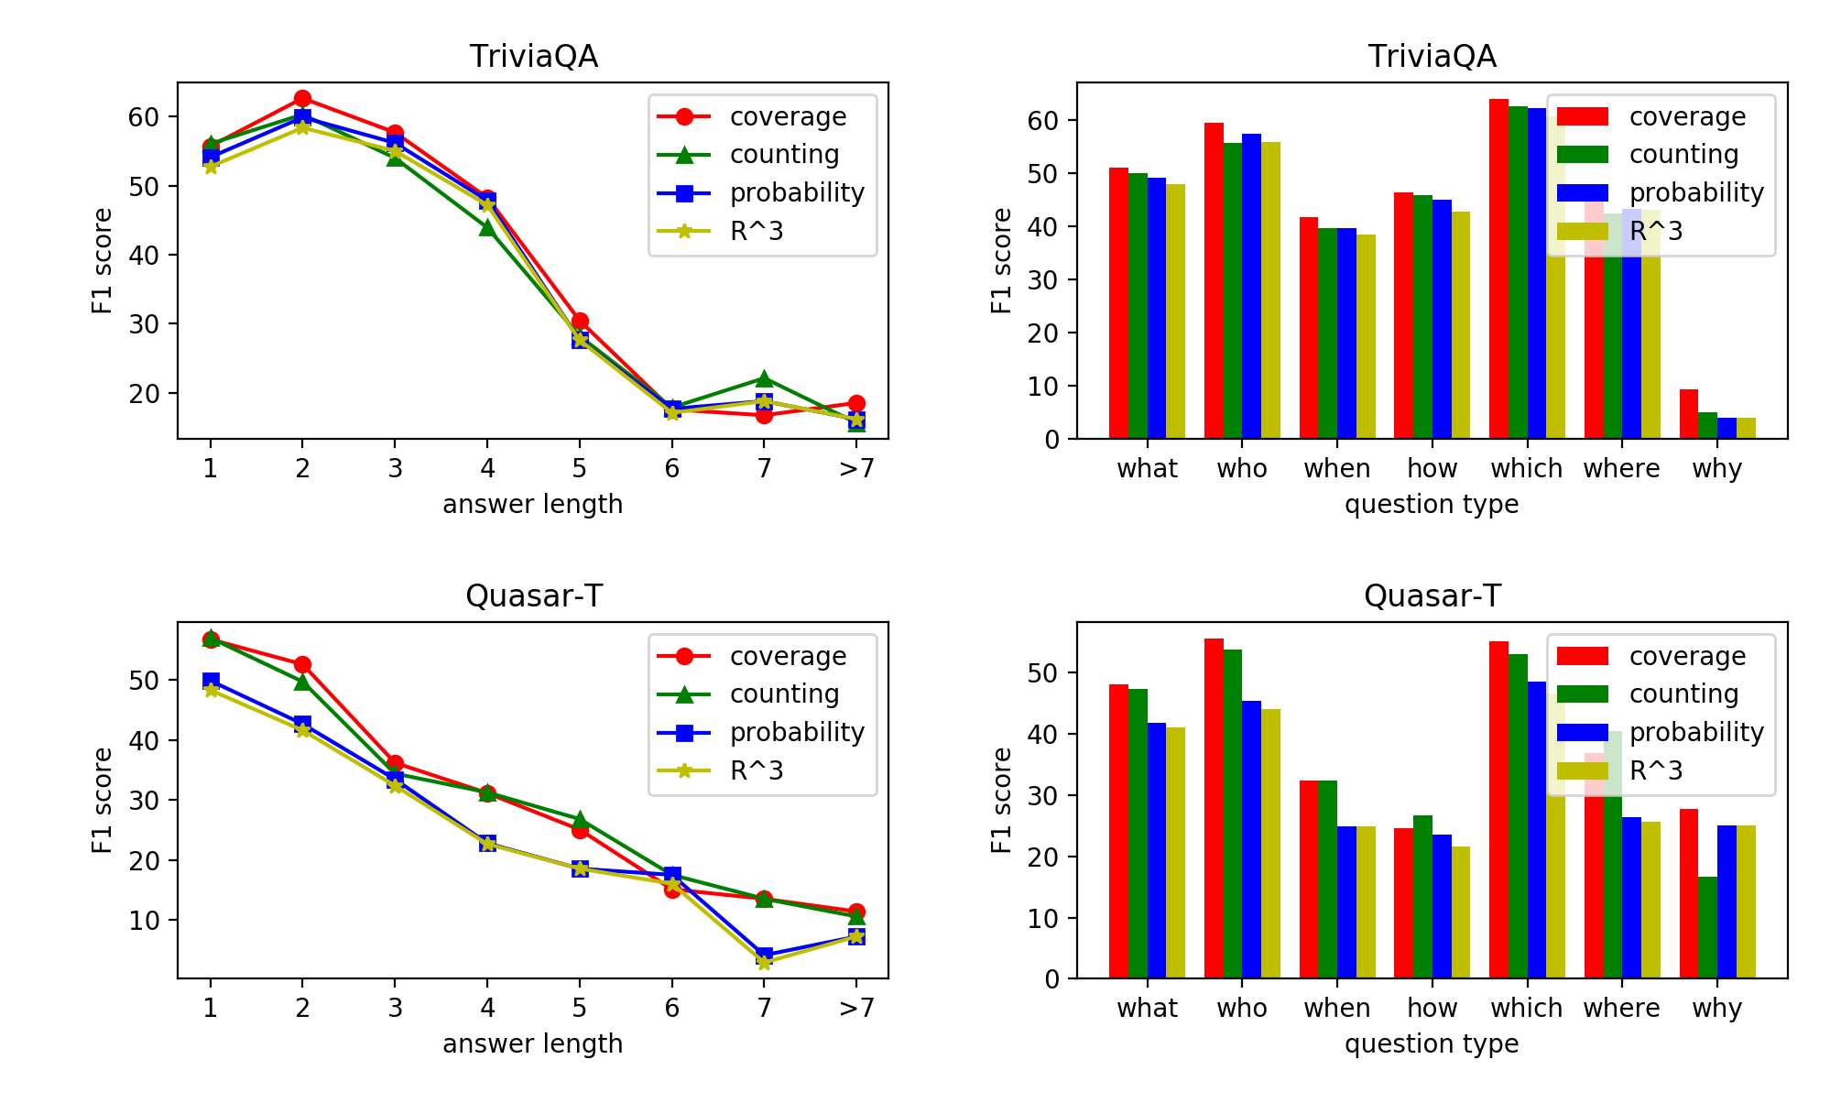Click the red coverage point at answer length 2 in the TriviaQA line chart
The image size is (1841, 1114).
tap(302, 99)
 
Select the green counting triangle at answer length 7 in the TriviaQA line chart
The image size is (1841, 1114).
tap(764, 379)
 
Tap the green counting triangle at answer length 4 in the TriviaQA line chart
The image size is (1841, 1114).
tap(487, 227)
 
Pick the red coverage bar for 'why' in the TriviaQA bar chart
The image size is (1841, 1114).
tap(1688, 414)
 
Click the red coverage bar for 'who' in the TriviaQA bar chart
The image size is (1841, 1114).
tap(1214, 280)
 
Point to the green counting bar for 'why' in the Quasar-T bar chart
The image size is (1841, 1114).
tap(1707, 927)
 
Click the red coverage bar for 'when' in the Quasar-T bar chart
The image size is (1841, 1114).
tap(1309, 879)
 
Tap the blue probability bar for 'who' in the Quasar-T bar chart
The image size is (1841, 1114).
tap(1251, 839)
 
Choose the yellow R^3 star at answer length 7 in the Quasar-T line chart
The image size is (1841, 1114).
tap(764, 962)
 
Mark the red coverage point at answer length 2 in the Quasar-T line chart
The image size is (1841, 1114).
tap(302, 664)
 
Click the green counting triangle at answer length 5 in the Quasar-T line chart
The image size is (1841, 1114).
tap(580, 819)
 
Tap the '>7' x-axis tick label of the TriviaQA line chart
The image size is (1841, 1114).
tap(856, 468)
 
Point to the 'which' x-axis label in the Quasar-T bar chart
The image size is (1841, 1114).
tap(1526, 1008)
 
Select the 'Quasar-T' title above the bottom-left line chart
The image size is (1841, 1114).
tap(533, 596)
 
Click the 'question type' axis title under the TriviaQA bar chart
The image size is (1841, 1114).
tap(1432, 504)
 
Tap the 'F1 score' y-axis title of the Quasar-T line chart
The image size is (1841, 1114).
tap(102, 800)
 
